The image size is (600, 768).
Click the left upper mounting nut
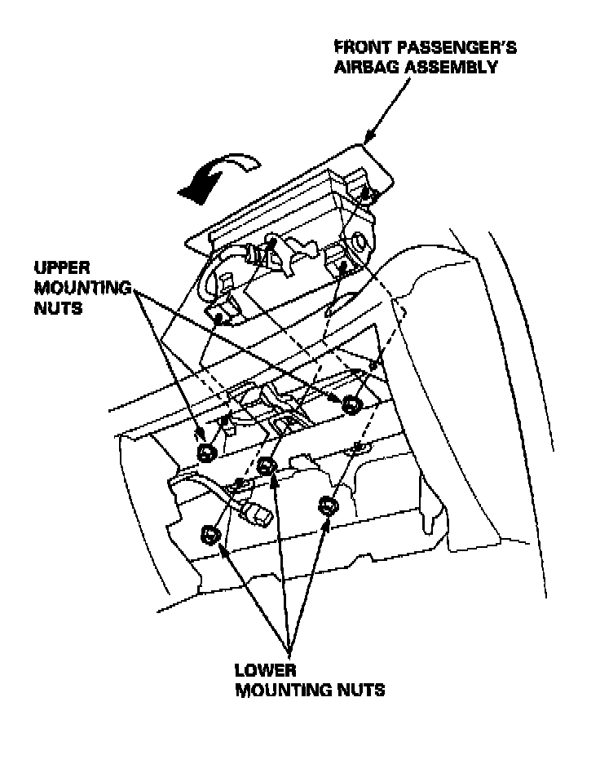(x=207, y=453)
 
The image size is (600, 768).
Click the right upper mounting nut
(x=352, y=404)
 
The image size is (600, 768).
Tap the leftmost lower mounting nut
(x=210, y=535)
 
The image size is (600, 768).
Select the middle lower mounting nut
(x=266, y=466)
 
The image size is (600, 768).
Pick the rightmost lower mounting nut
(x=328, y=505)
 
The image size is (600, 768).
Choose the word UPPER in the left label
(x=57, y=268)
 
